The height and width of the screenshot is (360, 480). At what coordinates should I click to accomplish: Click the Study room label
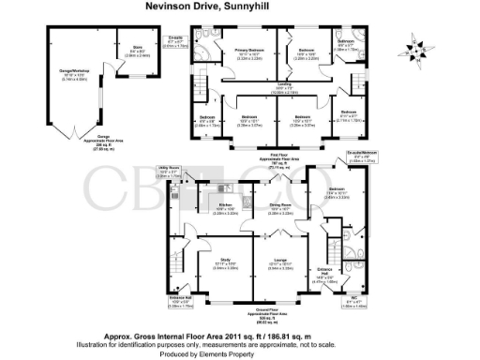tap(225, 261)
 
